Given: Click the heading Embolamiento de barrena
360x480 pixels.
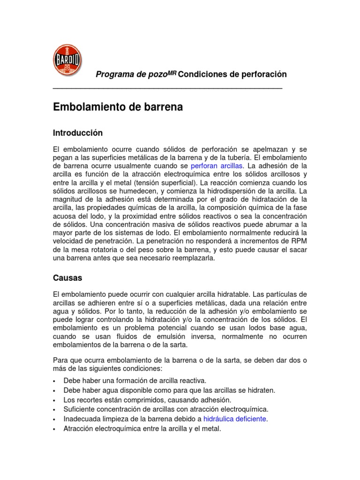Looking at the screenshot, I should click(x=118, y=107).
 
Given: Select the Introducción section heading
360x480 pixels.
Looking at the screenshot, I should click(x=78, y=133).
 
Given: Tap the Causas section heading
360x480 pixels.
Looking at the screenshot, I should click(x=67, y=278).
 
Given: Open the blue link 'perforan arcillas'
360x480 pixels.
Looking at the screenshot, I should click(x=217, y=166).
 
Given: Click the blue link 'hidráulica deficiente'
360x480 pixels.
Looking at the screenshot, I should click(x=235, y=419).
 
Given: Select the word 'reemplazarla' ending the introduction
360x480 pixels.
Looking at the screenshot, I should click(x=193, y=259).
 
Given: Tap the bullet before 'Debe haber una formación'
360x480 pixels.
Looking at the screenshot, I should click(x=55, y=381).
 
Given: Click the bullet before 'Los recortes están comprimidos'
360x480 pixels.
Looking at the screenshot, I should click(x=55, y=400).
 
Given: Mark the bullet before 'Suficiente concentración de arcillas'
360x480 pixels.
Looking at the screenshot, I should click(x=55, y=410).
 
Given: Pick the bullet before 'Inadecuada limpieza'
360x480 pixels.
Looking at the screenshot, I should click(x=55, y=420).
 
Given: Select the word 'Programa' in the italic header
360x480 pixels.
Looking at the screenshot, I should click(x=112, y=75).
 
